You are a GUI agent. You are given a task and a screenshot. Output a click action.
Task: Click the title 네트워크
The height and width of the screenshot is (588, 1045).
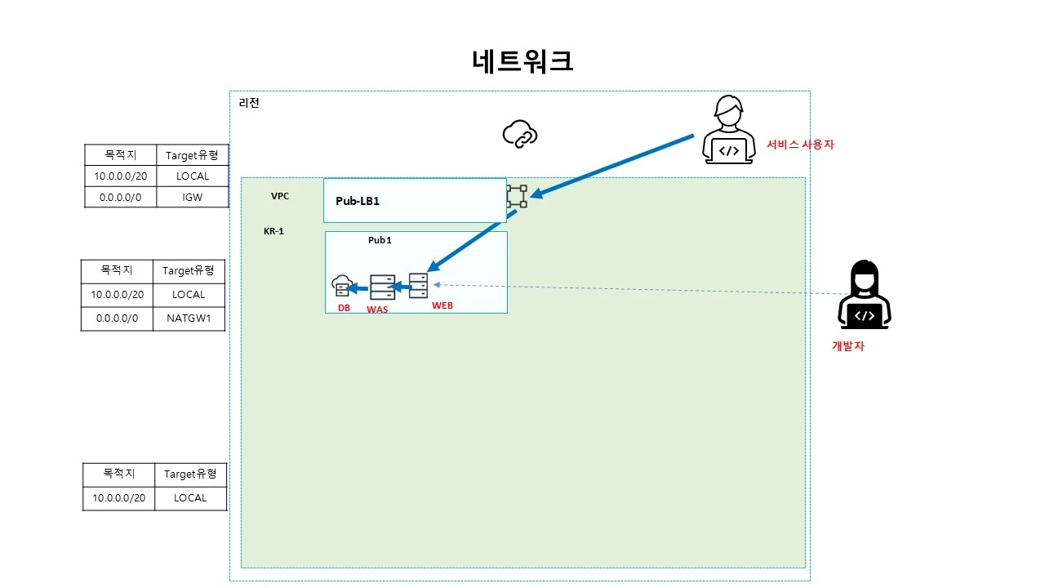coord(522,61)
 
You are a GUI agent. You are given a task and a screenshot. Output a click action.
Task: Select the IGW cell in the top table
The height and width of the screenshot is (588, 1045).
coord(193,197)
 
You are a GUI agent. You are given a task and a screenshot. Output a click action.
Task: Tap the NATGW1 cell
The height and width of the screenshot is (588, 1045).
coord(189,318)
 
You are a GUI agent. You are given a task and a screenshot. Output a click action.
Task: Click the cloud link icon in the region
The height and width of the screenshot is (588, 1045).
coord(520,134)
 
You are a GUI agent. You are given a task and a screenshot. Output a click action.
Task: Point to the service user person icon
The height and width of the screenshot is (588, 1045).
coord(728,130)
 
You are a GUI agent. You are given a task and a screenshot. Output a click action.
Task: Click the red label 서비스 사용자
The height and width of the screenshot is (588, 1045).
coord(800,145)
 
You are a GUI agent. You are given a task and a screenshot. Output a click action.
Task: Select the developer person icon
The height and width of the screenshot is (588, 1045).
coord(864,295)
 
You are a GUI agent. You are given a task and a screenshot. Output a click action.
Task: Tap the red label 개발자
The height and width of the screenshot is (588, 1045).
coord(847,346)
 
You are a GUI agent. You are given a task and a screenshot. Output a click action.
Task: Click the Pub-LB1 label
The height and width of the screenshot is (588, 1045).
coord(358,201)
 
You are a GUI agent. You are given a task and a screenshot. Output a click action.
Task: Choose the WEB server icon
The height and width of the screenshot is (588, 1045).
coord(418,285)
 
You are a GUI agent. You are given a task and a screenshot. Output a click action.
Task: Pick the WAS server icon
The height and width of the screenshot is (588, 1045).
coord(382,287)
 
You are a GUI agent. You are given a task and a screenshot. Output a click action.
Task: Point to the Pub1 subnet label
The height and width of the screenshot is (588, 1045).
coord(380,241)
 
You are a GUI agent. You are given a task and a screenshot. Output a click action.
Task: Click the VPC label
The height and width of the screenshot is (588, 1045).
coord(280,197)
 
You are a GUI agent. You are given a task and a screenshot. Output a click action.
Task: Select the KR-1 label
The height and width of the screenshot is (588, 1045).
coord(273,231)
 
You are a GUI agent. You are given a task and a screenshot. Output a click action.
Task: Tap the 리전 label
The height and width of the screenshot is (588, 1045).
coord(249,103)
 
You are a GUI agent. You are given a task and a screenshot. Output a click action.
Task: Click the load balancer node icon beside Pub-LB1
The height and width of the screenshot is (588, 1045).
coord(516,196)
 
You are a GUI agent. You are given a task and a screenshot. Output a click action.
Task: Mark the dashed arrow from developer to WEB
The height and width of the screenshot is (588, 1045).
coord(637,289)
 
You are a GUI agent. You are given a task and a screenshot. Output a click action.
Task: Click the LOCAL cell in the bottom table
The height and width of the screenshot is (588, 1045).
coord(190,498)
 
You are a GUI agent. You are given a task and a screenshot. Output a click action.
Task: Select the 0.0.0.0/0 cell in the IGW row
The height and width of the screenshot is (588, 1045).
coord(120,197)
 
